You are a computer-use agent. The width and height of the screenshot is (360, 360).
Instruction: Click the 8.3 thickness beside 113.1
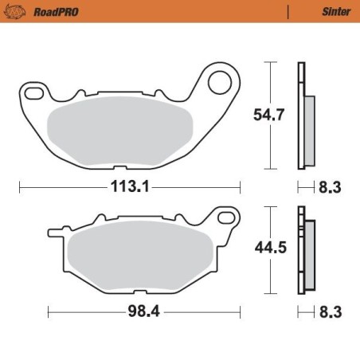coord(331,188)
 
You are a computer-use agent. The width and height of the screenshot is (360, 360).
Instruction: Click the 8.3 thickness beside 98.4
coord(331,311)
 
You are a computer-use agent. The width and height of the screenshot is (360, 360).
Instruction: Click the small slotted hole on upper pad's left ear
coord(33,95)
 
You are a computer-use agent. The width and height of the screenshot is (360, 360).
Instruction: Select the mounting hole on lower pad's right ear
coord(228,218)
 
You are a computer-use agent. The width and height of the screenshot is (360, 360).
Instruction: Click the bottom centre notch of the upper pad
coord(118,167)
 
